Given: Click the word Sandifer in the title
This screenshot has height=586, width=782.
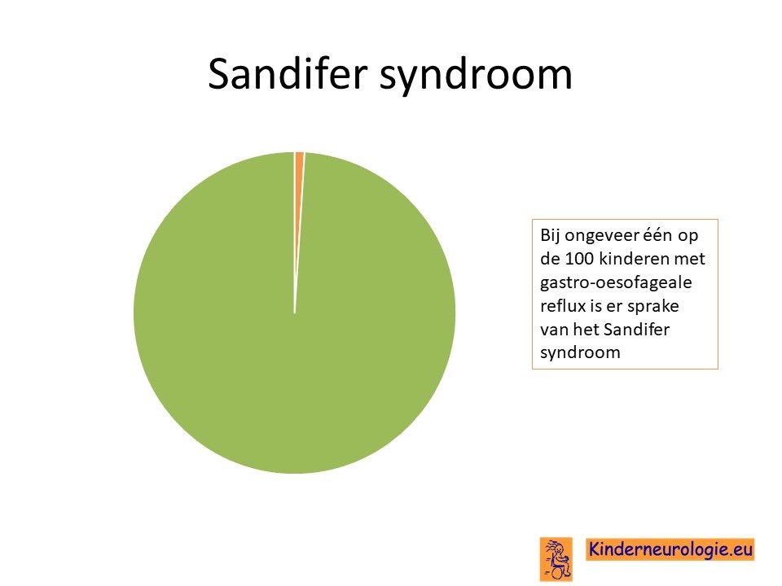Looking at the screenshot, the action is tap(288, 74).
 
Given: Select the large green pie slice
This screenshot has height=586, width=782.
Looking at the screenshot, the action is tap(294, 349).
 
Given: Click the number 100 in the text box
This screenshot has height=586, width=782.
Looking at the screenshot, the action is tap(579, 259).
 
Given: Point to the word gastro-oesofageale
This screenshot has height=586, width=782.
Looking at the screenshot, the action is tap(616, 283).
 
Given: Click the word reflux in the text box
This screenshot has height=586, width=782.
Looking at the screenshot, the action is tap(563, 306).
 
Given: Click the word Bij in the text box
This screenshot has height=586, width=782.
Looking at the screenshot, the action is tap(550, 236).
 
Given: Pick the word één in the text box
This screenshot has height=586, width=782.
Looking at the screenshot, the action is tap(657, 234).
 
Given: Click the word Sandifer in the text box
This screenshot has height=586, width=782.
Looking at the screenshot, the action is tap(636, 330).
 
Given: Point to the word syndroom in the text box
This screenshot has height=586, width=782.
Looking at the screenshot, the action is tap(580, 353).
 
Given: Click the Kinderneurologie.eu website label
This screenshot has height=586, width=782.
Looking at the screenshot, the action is tap(670, 549).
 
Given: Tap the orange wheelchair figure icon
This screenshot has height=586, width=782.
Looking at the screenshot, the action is tap(556, 559).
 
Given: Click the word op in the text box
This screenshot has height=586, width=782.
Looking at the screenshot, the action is tap(688, 237).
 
